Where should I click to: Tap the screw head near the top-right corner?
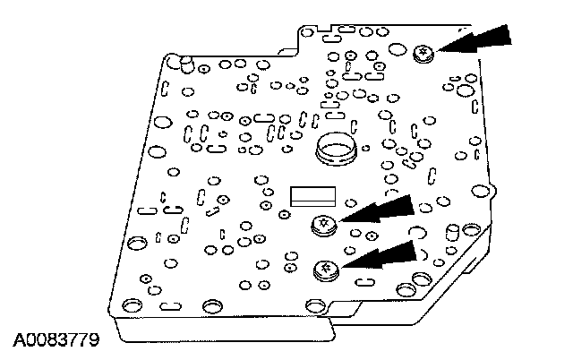(x=423, y=55)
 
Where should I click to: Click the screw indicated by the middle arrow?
(x=322, y=225)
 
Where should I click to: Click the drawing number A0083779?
(x=55, y=341)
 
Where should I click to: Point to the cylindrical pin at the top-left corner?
(x=184, y=63)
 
